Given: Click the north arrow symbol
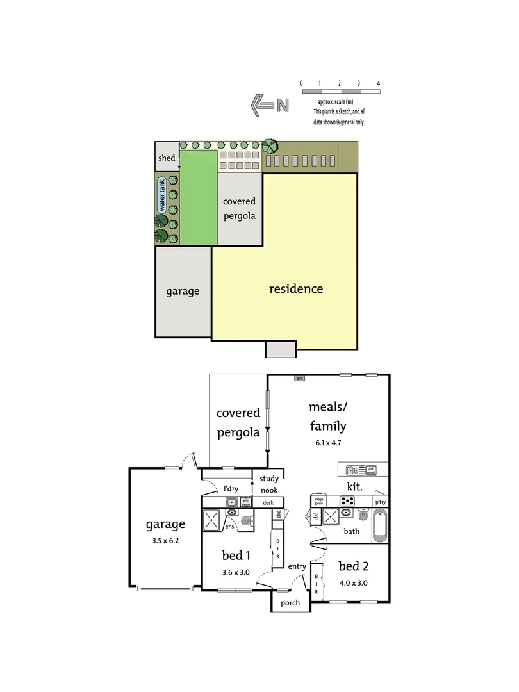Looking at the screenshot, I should [263, 104].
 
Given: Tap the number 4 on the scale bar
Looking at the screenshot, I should [379, 83].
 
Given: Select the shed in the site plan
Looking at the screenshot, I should [167, 158].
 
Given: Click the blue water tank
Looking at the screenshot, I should [162, 195].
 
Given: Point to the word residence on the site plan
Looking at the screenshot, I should [295, 288].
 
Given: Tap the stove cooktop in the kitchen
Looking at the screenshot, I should [347, 501].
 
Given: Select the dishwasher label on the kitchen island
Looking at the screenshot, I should [371, 470].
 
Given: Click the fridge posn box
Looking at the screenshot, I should [318, 500].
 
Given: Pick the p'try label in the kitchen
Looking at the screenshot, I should [380, 502].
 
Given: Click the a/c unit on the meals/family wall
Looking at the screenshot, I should [299, 379].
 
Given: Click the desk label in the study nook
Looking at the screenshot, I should [268, 503].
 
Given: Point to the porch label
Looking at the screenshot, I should [290, 603].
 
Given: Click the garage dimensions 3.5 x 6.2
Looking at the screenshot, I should [165, 540].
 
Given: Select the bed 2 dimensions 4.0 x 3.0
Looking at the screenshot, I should [353, 582].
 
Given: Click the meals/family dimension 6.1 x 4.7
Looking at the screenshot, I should [327, 443].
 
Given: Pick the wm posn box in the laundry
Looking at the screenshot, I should [247, 502].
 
